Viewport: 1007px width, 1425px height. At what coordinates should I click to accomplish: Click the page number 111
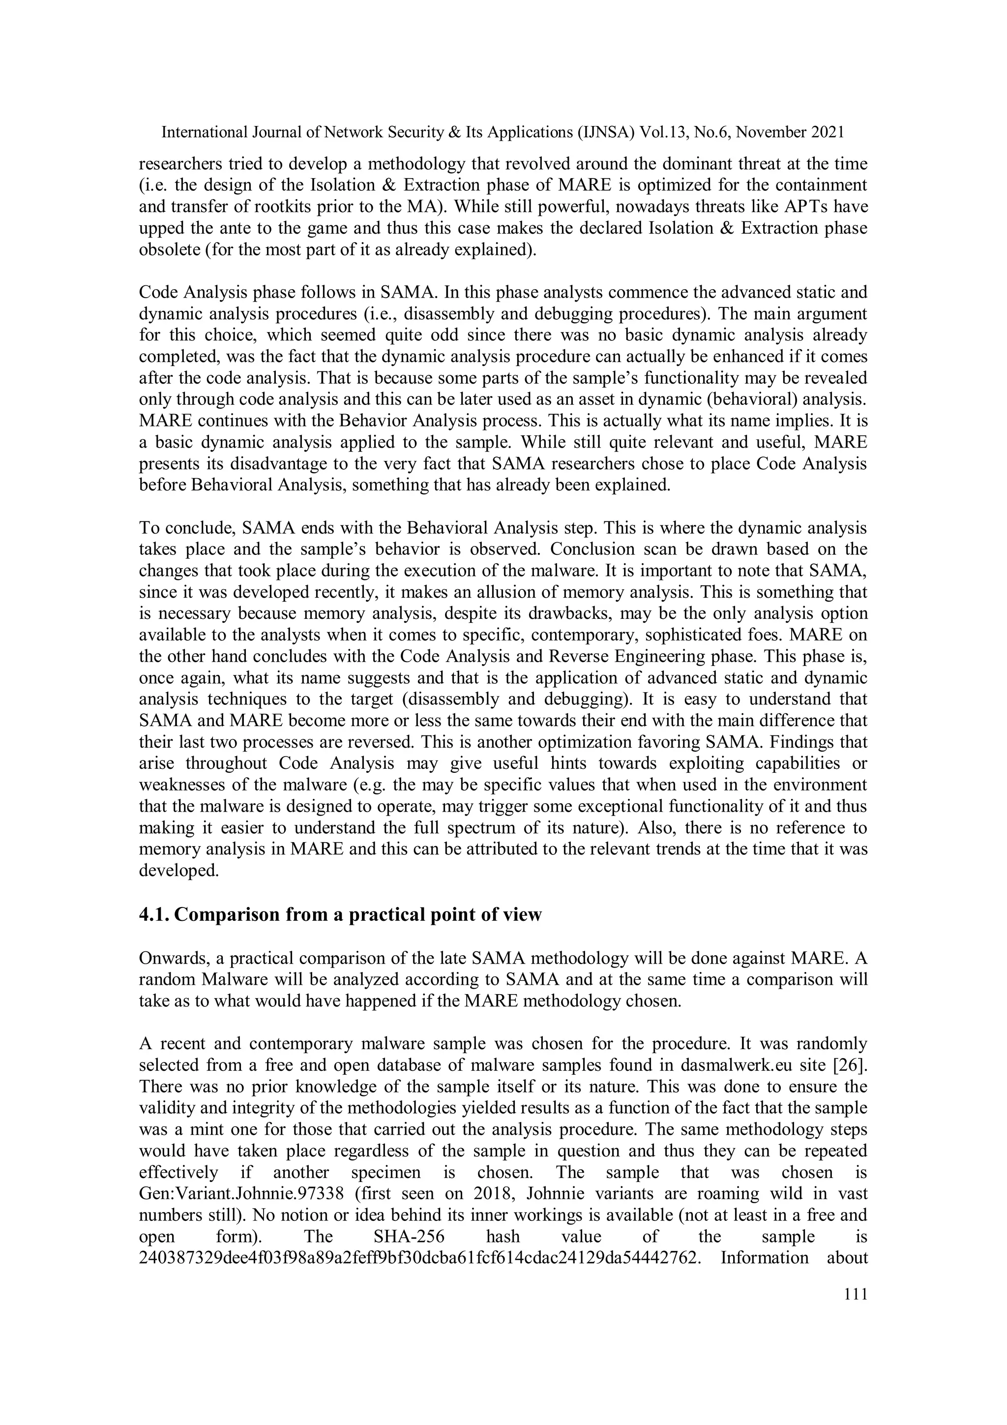(x=856, y=1294)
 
